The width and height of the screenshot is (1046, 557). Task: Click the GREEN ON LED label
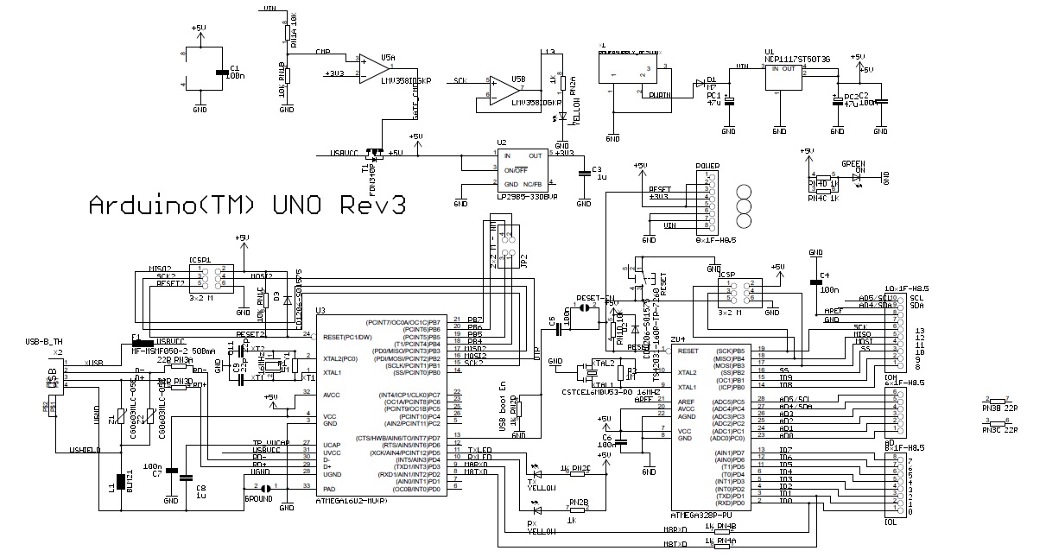pyautogui.click(x=854, y=166)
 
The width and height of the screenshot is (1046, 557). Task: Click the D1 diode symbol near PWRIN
pyautogui.click(x=699, y=84)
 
